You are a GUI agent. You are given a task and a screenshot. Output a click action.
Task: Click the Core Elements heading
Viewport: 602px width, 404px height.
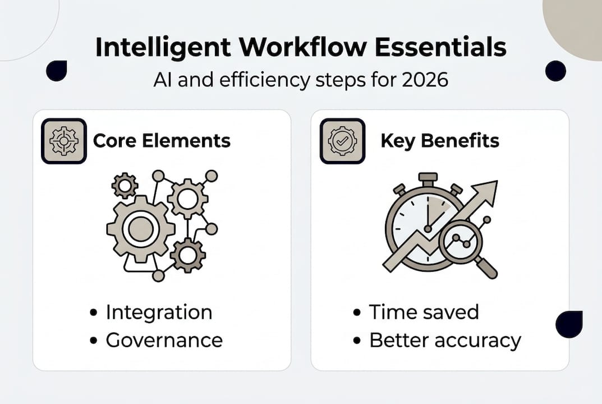tap(162, 140)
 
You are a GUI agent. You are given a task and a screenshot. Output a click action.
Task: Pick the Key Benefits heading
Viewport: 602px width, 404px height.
tap(439, 140)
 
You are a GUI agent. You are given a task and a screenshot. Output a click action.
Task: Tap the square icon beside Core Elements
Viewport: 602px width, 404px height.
tap(64, 141)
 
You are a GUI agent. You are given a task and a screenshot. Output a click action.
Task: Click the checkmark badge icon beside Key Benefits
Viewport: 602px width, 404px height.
tap(342, 141)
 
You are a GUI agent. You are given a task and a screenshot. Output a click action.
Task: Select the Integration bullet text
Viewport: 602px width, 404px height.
tap(159, 313)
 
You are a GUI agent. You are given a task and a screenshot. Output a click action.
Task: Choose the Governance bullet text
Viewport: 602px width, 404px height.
tap(164, 339)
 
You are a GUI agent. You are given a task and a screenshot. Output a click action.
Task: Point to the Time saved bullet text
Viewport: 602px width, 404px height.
tap(424, 313)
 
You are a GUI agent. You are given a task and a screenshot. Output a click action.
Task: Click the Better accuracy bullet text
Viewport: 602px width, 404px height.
tap(445, 339)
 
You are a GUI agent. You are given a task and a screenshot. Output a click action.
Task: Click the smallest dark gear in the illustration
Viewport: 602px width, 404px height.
tap(124, 185)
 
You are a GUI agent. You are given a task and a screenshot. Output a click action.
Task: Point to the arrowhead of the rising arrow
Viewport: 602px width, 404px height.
tap(487, 191)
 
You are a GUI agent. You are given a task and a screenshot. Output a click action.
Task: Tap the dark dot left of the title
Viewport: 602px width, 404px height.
tap(57, 71)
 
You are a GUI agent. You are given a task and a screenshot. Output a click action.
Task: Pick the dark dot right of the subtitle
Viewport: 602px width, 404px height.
tap(555, 71)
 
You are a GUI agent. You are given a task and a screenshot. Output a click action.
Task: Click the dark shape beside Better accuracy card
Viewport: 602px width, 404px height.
tap(568, 324)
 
